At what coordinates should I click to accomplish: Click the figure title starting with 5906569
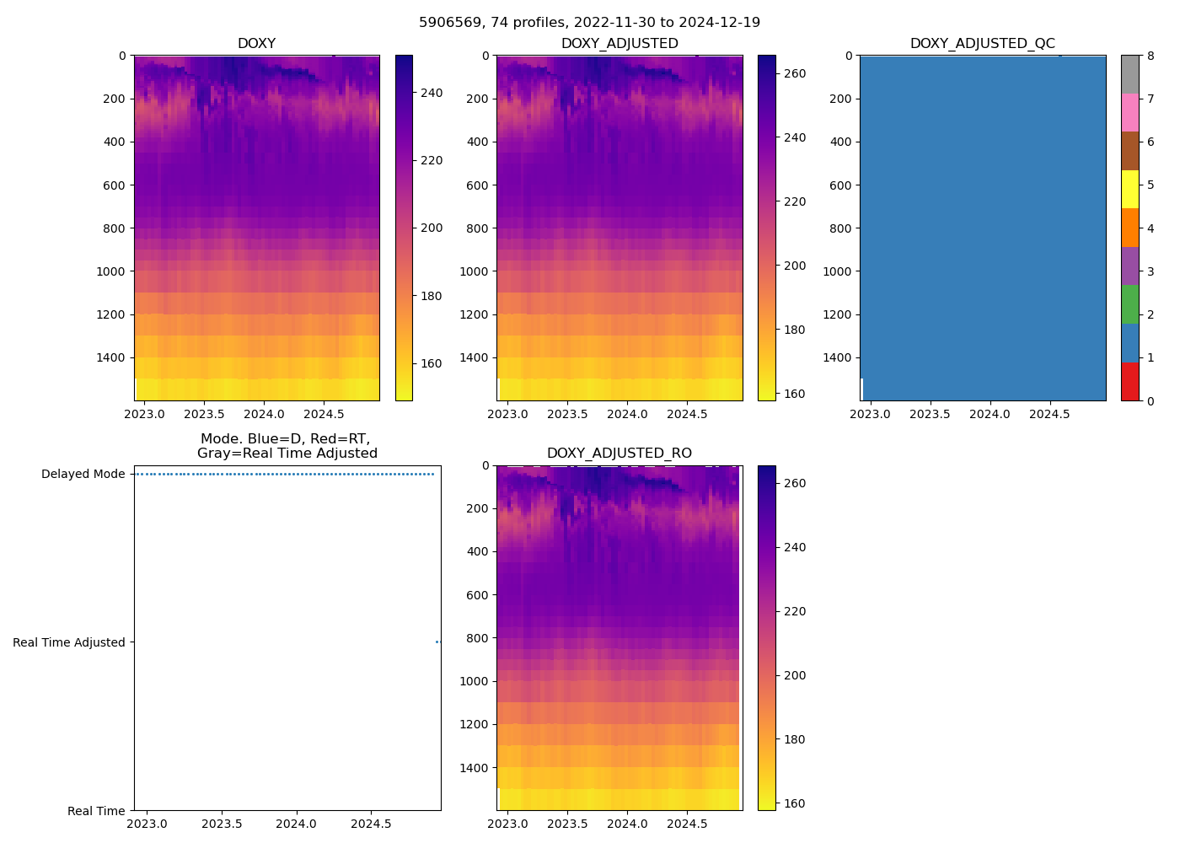pyautogui.click(x=589, y=22)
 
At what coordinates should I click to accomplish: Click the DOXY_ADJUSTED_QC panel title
pyautogui.click(x=982, y=44)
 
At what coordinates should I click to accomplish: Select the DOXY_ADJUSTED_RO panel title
pyautogui.click(x=619, y=454)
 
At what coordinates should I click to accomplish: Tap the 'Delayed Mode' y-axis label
pyautogui.click(x=83, y=474)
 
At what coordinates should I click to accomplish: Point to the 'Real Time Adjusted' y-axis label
pyautogui.click(x=68, y=642)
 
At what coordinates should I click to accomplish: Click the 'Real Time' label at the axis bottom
pyautogui.click(x=96, y=811)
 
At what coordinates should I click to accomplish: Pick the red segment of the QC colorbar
pyautogui.click(x=1129, y=382)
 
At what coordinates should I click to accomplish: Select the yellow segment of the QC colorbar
pyautogui.click(x=1129, y=190)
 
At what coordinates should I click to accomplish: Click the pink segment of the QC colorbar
pyautogui.click(x=1129, y=113)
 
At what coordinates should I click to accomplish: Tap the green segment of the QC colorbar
pyautogui.click(x=1129, y=304)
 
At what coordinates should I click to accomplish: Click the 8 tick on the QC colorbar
pyautogui.click(x=1150, y=56)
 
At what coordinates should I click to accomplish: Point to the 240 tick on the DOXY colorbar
pyautogui.click(x=432, y=93)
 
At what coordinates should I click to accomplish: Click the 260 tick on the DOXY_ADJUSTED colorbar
pyautogui.click(x=794, y=73)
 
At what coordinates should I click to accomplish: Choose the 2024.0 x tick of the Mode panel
pyautogui.click(x=296, y=824)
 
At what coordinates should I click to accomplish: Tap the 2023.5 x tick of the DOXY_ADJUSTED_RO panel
pyautogui.click(x=567, y=824)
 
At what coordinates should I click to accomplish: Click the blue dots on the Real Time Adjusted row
pyautogui.click(x=437, y=642)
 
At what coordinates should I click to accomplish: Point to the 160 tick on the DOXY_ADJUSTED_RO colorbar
pyautogui.click(x=794, y=803)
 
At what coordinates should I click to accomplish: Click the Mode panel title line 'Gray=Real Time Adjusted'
pyautogui.click(x=287, y=454)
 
